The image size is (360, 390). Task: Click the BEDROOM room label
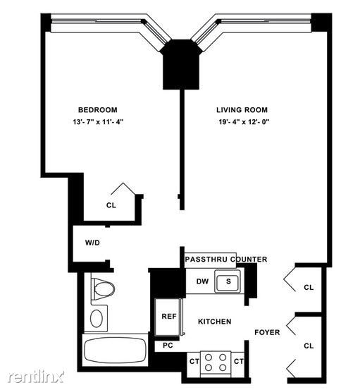(97, 109)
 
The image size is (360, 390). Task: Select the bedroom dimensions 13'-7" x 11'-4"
(97, 123)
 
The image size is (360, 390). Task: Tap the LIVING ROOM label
(241, 109)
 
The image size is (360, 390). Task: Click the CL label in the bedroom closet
(111, 205)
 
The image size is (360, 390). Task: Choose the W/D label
(92, 242)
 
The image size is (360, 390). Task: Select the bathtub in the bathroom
(114, 351)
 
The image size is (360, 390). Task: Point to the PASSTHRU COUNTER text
(225, 259)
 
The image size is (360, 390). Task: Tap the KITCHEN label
(214, 321)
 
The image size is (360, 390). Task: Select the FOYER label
(268, 331)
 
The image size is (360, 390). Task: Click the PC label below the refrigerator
(168, 345)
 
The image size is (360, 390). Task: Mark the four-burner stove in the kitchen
(218, 362)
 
